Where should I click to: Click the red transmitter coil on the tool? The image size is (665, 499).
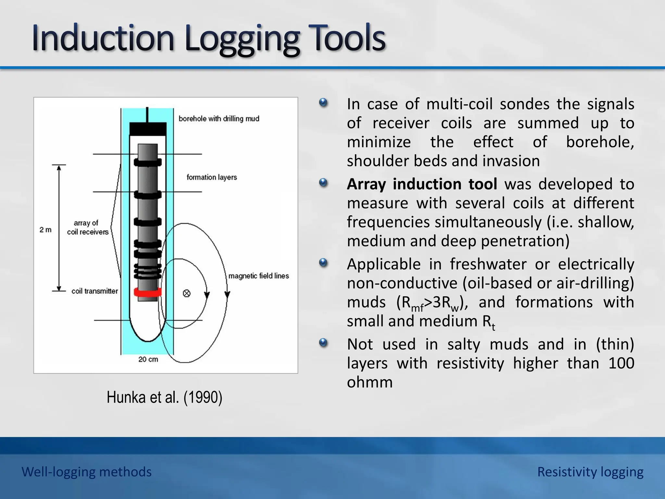(x=148, y=292)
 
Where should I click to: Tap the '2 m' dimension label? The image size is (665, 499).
(x=45, y=230)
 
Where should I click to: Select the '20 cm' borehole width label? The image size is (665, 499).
(x=148, y=359)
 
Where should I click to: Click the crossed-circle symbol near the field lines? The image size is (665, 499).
(x=187, y=293)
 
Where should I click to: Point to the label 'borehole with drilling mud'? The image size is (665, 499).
(x=219, y=119)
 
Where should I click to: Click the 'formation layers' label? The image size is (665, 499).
(x=212, y=177)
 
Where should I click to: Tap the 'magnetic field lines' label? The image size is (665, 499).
(x=258, y=276)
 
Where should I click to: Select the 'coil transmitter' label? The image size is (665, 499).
(x=94, y=291)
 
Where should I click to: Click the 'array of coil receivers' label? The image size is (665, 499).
(x=88, y=227)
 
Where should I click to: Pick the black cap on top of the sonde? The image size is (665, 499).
(x=148, y=129)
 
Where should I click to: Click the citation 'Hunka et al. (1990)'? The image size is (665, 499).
(x=164, y=397)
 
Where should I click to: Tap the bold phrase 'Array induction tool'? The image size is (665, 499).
(x=422, y=184)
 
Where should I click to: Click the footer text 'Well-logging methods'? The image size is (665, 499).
(x=86, y=472)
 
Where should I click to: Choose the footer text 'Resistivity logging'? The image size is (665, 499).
(x=590, y=472)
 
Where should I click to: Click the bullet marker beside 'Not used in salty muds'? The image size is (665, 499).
(x=323, y=343)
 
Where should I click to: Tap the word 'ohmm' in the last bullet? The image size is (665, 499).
(x=370, y=382)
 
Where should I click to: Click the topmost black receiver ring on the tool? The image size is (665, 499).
(x=148, y=162)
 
